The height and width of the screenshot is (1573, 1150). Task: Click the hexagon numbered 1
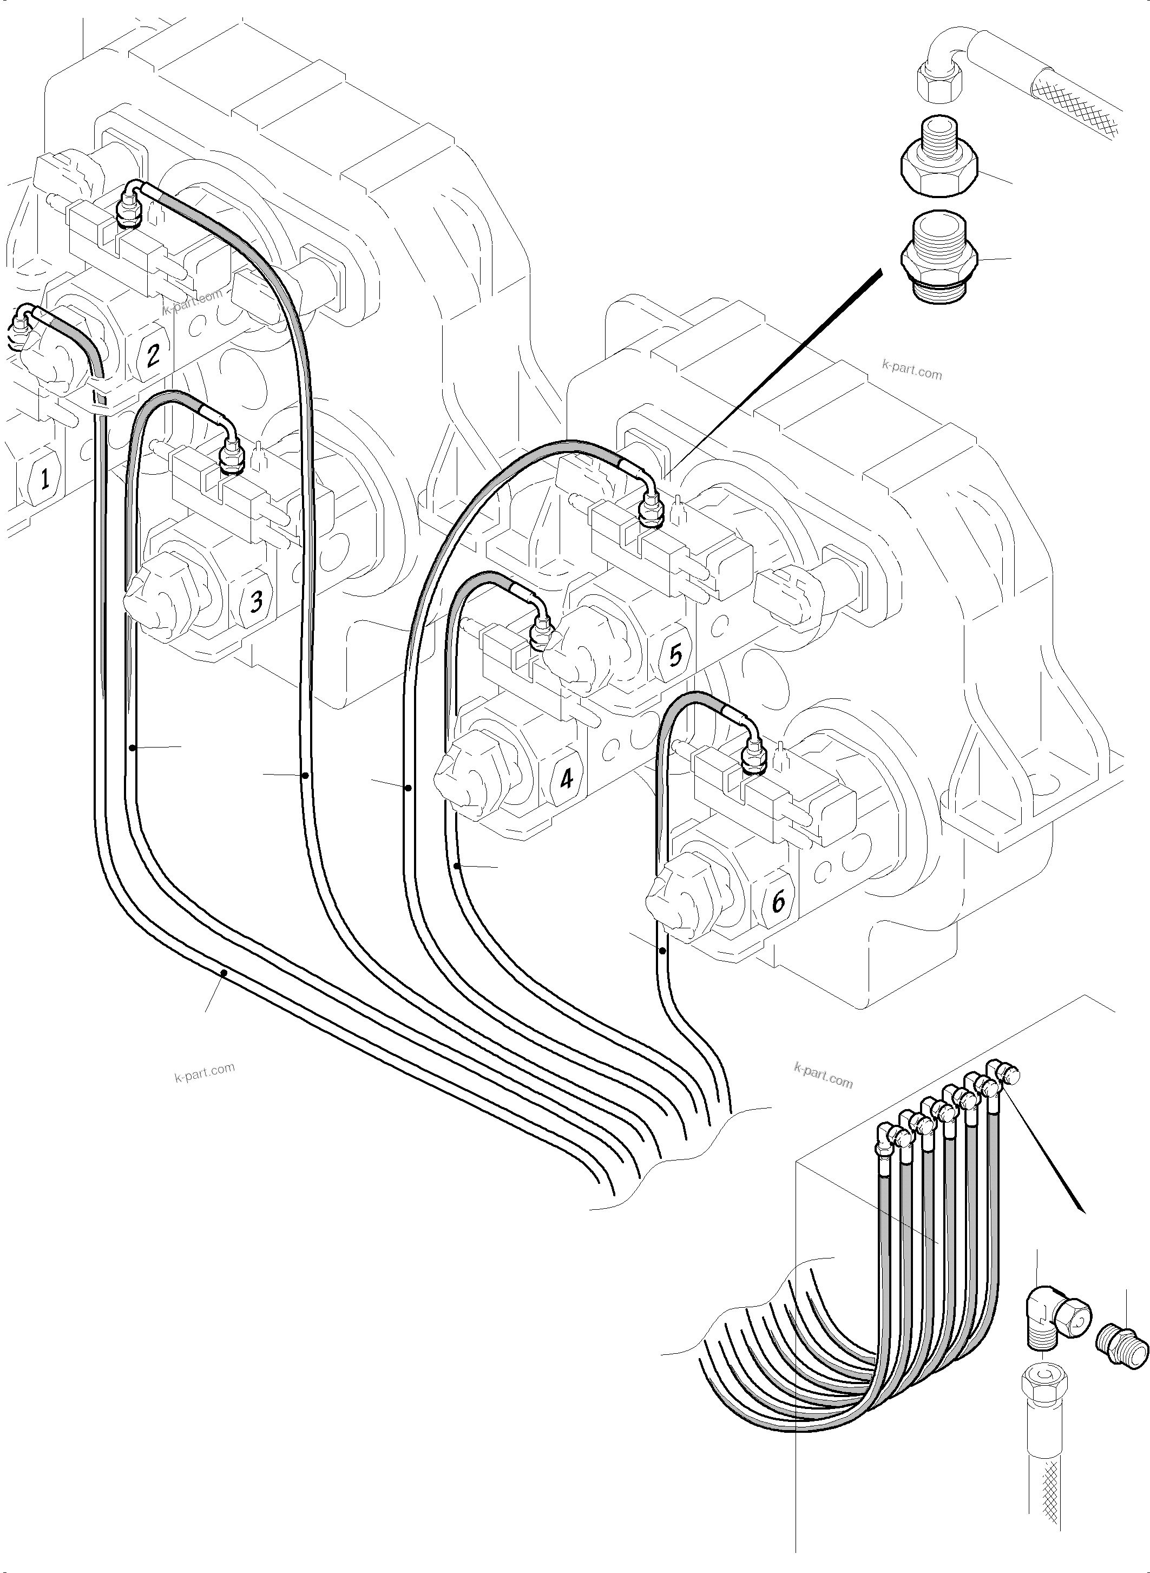pyautogui.click(x=44, y=479)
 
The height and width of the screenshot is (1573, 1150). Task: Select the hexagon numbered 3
pyautogui.click(x=255, y=600)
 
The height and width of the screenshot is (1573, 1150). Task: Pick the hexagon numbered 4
pyautogui.click(x=566, y=778)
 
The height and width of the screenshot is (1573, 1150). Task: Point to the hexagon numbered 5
pyautogui.click(x=674, y=656)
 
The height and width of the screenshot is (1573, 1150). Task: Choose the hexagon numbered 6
pyautogui.click(x=778, y=902)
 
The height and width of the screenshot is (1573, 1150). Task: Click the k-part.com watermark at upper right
pyautogui.click(x=911, y=370)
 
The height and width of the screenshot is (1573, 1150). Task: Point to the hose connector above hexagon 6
pyautogui.click(x=753, y=756)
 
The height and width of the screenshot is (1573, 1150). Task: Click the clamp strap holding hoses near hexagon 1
pyautogui.click(x=102, y=401)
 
